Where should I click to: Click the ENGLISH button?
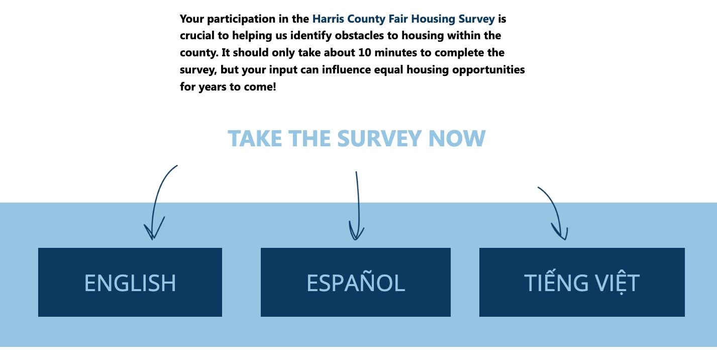[x=130, y=282]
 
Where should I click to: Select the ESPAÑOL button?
[x=356, y=282]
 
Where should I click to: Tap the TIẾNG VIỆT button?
[x=582, y=282]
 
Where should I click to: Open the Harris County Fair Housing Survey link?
[x=403, y=19]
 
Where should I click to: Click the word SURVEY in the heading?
[x=379, y=138]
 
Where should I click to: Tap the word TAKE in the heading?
[x=255, y=138]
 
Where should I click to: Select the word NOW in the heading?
[x=457, y=138]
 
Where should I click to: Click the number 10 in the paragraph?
[x=365, y=52]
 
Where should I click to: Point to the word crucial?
[x=197, y=36]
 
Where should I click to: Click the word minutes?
[x=395, y=52]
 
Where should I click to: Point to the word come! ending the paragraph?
[x=260, y=87]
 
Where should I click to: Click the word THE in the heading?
[x=310, y=138]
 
